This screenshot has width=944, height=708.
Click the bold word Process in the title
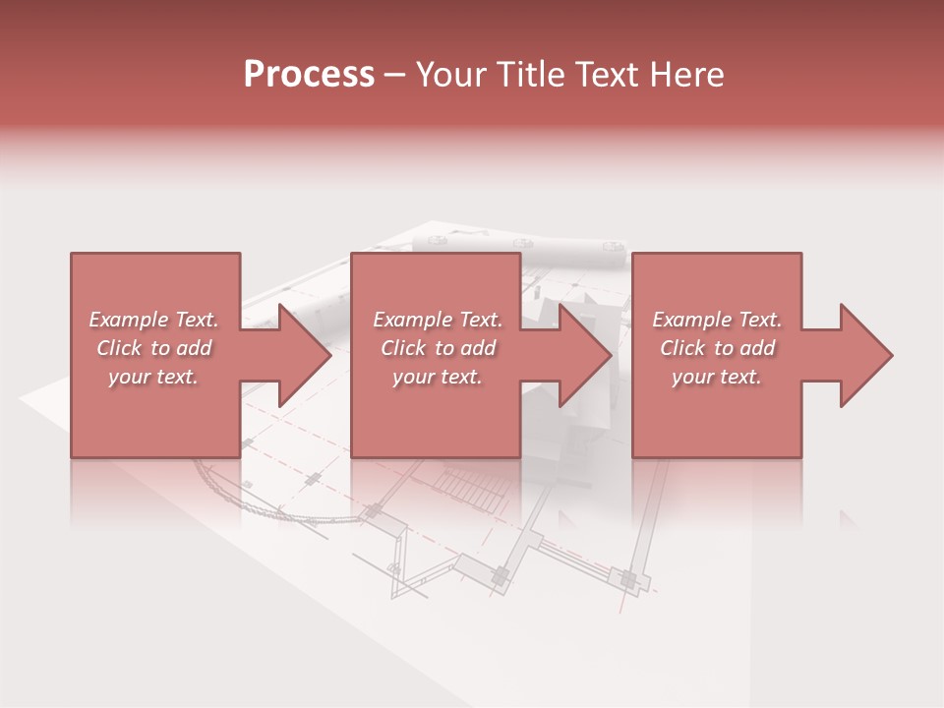pos(309,75)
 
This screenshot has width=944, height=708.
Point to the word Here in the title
pos(687,75)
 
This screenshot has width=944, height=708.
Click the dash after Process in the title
pos(394,76)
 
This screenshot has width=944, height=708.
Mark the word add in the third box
pos(757,348)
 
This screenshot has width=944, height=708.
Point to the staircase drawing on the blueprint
pos(466,484)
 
